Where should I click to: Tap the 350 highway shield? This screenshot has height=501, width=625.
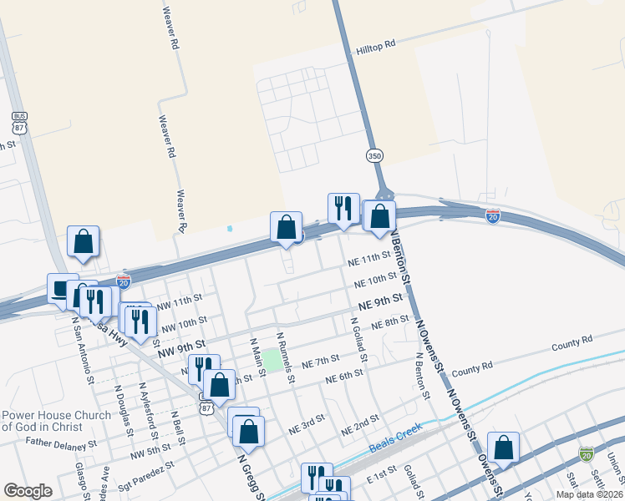point(374,156)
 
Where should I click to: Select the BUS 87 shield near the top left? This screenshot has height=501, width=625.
point(19,124)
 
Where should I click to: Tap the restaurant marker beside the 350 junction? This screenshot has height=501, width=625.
point(343,208)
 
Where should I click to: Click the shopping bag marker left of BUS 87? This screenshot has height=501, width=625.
point(84,241)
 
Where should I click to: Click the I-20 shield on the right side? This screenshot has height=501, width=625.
point(493,215)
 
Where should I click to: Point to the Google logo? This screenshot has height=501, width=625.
point(28,491)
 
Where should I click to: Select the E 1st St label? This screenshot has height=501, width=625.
point(382,475)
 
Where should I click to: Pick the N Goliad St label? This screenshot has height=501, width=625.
point(358,339)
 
